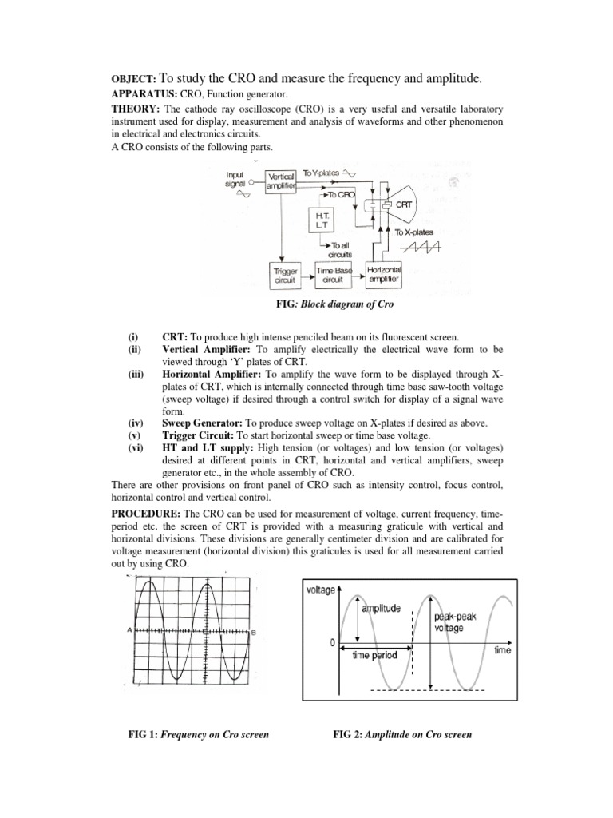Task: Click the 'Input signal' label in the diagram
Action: pyautogui.click(x=236, y=178)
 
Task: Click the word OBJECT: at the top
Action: pyautogui.click(x=133, y=80)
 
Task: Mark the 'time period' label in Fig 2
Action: pyautogui.click(x=374, y=655)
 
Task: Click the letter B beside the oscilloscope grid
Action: pyautogui.click(x=253, y=632)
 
